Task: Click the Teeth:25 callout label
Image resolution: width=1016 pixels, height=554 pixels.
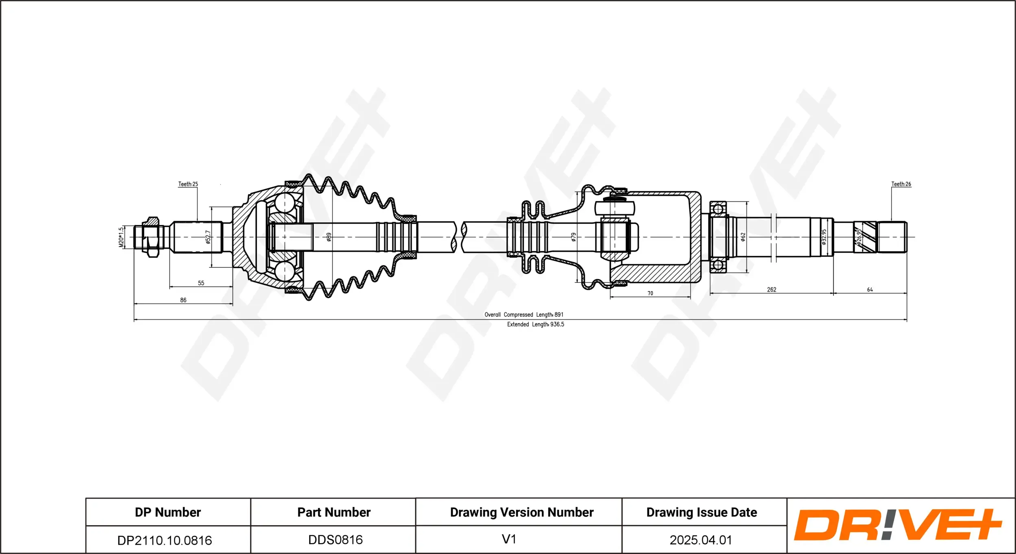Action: click(188, 184)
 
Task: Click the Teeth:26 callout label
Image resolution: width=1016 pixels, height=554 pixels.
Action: click(901, 184)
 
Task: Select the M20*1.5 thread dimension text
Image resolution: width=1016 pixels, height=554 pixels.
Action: click(121, 237)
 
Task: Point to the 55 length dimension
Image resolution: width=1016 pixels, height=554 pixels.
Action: click(201, 283)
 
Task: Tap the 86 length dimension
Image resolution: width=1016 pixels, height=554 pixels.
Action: click(183, 300)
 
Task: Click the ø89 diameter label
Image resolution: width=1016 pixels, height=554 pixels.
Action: click(329, 237)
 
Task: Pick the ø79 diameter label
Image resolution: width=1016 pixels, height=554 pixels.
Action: click(573, 237)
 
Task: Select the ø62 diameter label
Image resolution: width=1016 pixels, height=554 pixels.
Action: click(743, 237)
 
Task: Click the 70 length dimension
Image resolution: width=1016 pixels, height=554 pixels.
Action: click(650, 293)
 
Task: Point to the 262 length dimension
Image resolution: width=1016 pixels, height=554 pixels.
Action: click(771, 290)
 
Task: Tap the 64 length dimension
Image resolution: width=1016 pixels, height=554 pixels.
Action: click(870, 290)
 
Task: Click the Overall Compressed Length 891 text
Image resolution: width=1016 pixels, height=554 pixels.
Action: click(524, 315)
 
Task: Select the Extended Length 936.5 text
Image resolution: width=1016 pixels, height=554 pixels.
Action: click(535, 324)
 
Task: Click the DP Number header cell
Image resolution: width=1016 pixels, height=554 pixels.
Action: click(168, 512)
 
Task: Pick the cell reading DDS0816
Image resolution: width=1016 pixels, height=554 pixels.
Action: click(335, 540)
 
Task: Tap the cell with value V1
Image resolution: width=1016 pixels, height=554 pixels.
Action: click(509, 539)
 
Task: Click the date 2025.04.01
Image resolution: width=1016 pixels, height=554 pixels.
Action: click(701, 540)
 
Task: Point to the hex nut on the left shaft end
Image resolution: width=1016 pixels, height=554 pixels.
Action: click(152, 237)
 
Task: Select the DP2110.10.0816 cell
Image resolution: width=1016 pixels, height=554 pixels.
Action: click(165, 540)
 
